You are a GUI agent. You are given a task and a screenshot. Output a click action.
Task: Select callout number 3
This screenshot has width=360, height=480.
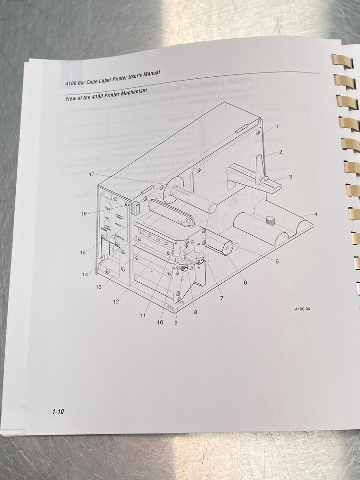[x=290, y=177]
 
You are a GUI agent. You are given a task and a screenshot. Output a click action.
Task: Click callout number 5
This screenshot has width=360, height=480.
[x=277, y=261]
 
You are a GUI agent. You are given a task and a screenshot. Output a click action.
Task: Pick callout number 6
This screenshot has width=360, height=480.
[x=245, y=283]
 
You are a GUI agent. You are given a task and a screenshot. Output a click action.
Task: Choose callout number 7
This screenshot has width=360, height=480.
[x=222, y=298]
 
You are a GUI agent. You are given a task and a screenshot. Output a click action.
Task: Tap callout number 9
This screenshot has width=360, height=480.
[x=176, y=323]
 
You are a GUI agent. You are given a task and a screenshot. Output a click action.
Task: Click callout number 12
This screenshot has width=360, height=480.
[x=116, y=301]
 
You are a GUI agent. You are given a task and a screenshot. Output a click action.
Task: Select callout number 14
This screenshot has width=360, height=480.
[x=85, y=275]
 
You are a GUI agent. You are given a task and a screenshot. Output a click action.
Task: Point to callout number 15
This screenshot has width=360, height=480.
[x=83, y=252]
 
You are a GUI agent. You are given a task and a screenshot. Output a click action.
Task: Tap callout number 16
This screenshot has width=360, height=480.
[x=84, y=214]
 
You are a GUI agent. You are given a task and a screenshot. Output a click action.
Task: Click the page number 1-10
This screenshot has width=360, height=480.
[x=59, y=411]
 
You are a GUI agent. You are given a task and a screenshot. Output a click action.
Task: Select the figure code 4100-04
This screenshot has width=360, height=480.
[x=303, y=309]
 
